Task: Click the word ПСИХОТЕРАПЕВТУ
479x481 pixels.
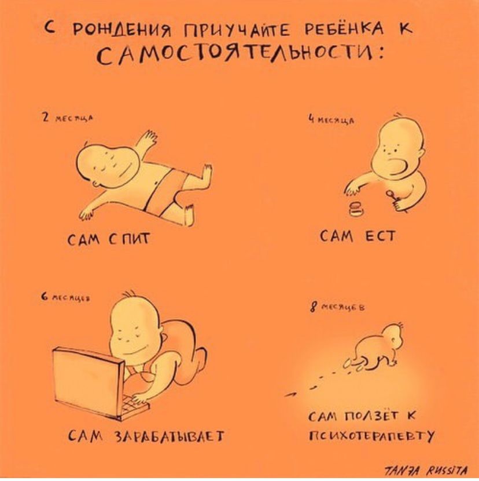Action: (370, 435)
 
